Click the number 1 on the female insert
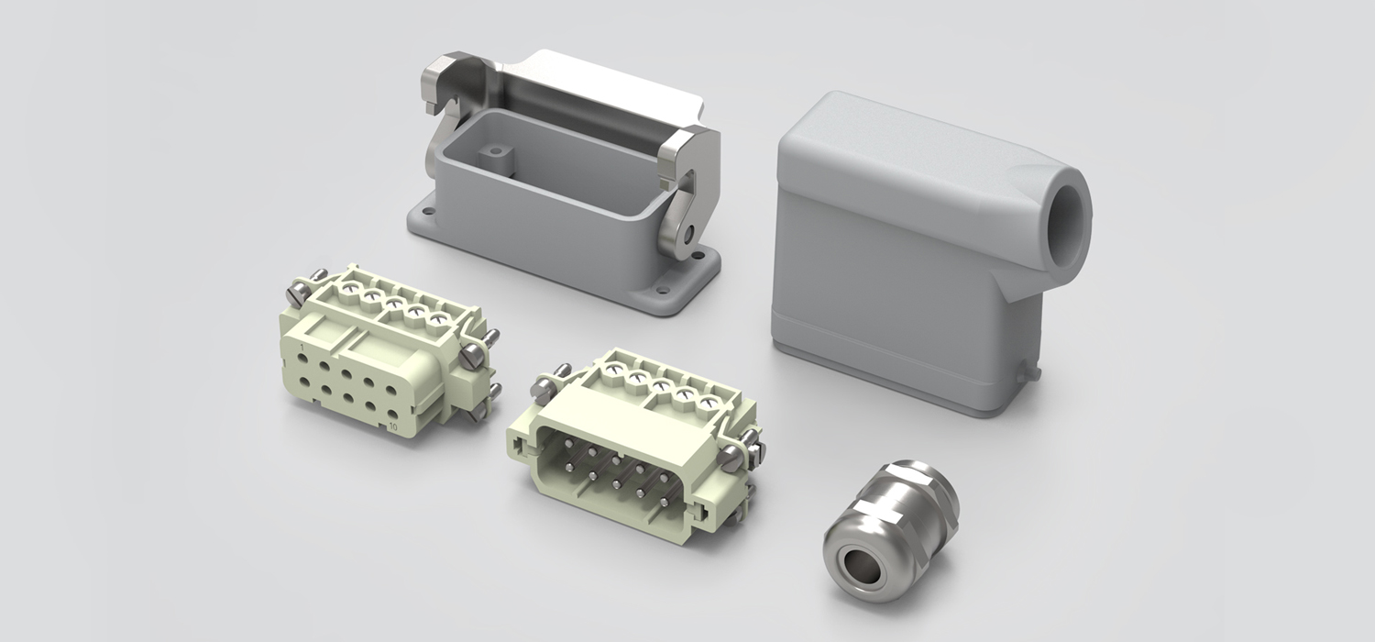tap(302, 348)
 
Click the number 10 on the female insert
tap(391, 426)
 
